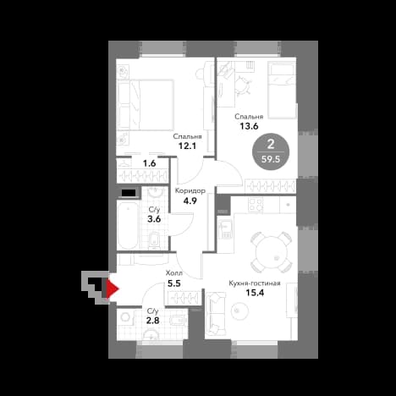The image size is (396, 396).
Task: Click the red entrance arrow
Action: click(113, 289)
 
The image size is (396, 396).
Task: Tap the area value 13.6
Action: click(249, 126)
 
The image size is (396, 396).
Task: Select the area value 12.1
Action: click(187, 146)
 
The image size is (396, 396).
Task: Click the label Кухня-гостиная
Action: click(255, 283)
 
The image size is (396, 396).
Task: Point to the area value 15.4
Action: click(255, 293)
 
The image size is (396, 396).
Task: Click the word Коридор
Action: click(190, 191)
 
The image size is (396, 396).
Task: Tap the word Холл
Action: click(174, 273)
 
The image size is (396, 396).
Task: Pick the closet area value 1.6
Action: click(149, 163)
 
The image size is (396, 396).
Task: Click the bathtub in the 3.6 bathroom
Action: click(129, 224)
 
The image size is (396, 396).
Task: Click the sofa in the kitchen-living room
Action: click(216, 314)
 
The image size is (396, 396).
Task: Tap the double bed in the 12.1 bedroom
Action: click(146, 105)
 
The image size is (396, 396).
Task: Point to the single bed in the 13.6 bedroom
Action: click(282, 91)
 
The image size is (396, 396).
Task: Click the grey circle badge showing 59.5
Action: click(271, 151)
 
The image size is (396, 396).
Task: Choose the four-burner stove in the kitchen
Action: click(256, 205)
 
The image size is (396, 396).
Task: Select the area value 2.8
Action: click(152, 321)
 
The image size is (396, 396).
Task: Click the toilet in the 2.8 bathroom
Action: click(179, 320)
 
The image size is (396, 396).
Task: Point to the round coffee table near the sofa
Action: click(239, 311)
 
